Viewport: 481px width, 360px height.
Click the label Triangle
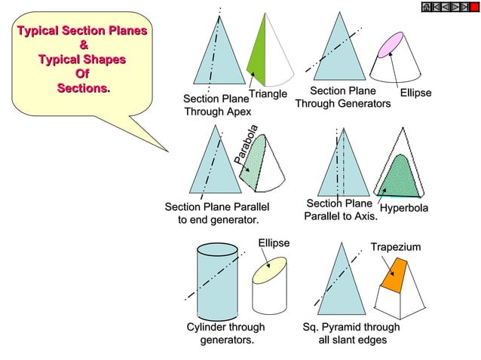[268, 94]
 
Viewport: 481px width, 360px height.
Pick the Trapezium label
[395, 247]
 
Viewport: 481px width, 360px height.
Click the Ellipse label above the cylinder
[274, 243]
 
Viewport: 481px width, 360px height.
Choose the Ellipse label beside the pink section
[415, 93]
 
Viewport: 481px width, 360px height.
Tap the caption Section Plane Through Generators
[343, 97]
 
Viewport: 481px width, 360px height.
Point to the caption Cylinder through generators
[226, 334]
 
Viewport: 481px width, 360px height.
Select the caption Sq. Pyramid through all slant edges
[351, 334]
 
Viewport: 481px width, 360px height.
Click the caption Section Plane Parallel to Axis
[340, 210]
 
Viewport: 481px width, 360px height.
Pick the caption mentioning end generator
[217, 213]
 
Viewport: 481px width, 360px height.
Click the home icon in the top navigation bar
[426, 6]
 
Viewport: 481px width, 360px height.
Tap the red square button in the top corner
[474, 6]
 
